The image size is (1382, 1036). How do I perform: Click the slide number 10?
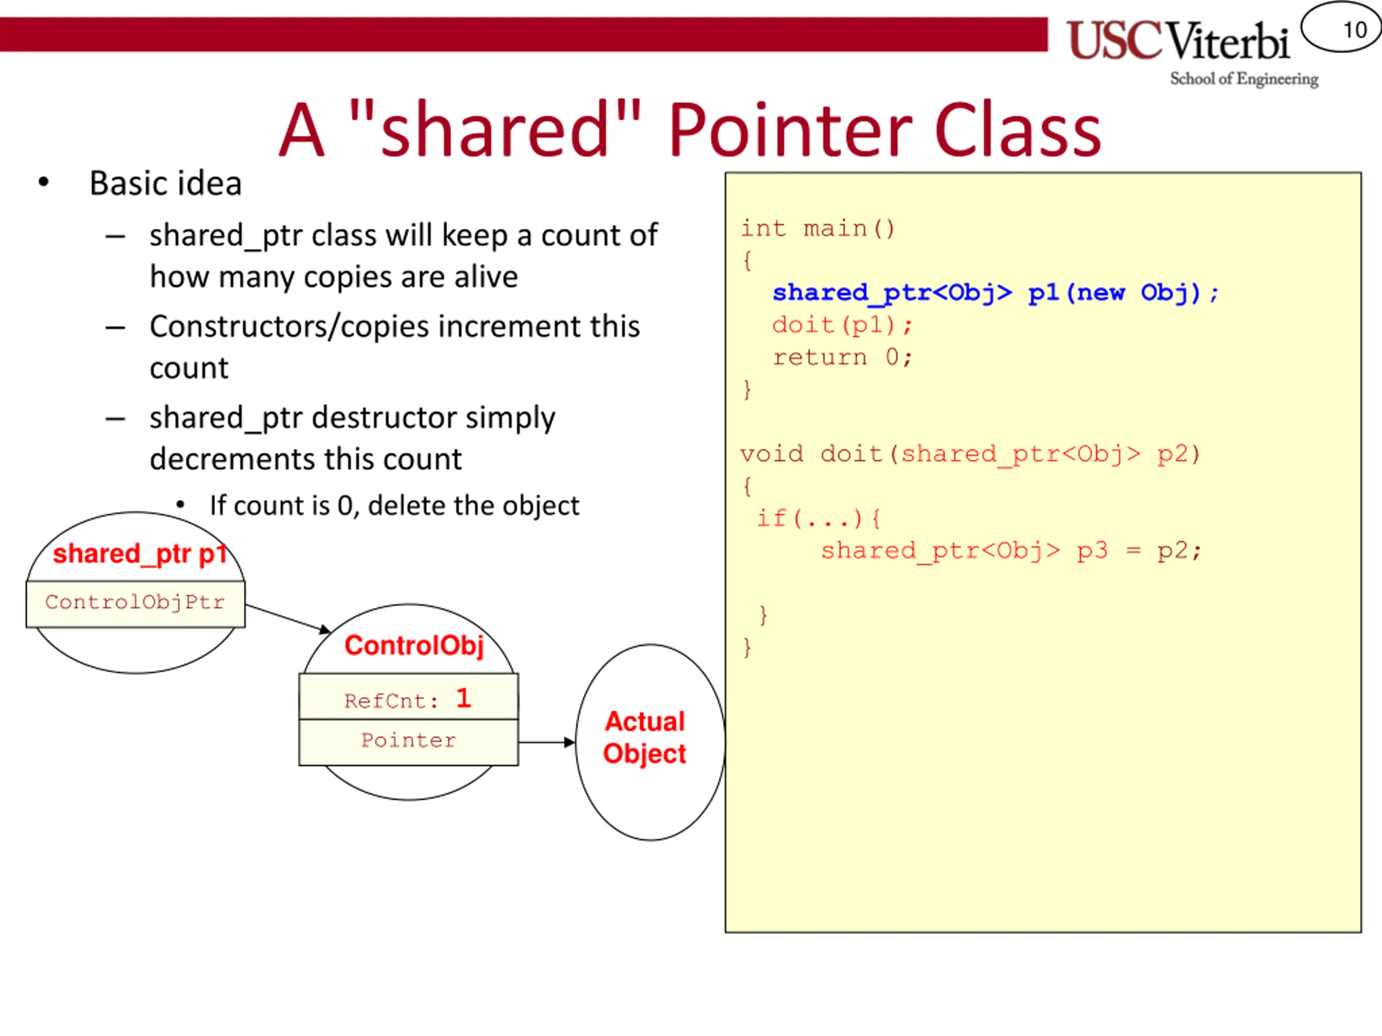[x=1354, y=29]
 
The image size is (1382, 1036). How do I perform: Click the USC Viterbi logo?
[x=1178, y=40]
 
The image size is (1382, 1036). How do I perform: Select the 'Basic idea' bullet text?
[x=166, y=183]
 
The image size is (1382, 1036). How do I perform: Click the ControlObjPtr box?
[x=135, y=603]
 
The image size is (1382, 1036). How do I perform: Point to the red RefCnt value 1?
[x=463, y=698]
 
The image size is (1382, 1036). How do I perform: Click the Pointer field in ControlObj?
[x=409, y=741]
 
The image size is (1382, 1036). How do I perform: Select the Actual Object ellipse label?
[x=645, y=738]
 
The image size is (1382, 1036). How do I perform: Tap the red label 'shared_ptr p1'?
[x=139, y=554]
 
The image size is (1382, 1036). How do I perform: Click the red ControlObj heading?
[x=414, y=646]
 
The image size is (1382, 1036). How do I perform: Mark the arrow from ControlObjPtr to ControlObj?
[x=287, y=618]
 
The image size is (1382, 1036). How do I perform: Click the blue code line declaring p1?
[x=994, y=293]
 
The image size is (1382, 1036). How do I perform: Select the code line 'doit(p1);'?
[x=842, y=325]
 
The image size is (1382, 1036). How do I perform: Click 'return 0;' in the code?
[x=842, y=358]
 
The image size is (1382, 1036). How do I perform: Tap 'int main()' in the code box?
[x=818, y=229]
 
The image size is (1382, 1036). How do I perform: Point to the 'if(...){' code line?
[x=818, y=519]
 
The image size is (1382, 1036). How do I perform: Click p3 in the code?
[x=1092, y=551]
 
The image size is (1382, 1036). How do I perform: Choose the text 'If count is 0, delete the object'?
[x=394, y=506]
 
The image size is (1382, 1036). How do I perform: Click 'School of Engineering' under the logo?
[x=1244, y=79]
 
